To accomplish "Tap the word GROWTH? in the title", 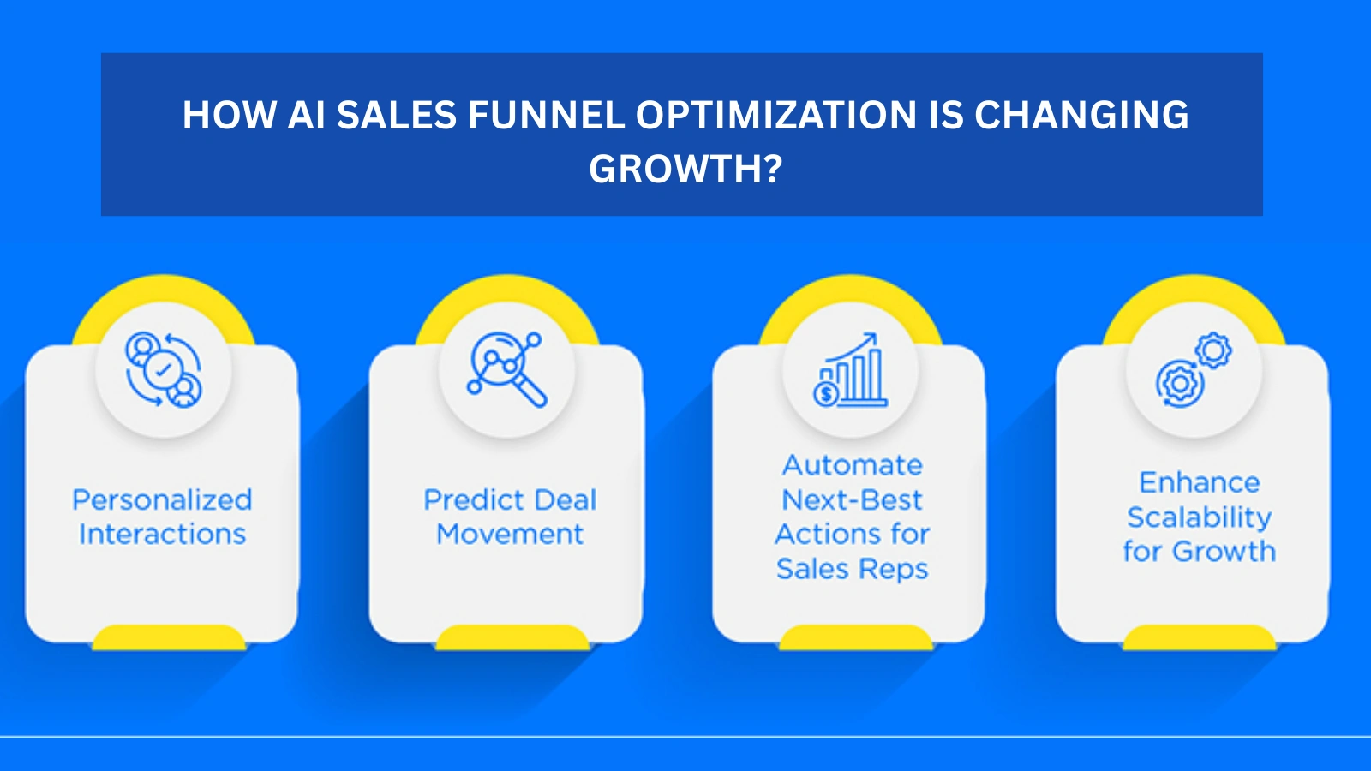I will (x=685, y=169).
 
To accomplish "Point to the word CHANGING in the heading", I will (x=1081, y=115).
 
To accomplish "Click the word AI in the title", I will (x=306, y=115).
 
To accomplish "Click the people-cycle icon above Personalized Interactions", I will (x=163, y=369).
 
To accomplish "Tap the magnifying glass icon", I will (x=507, y=369).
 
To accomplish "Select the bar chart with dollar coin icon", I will (x=851, y=370).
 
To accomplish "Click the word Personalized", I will (x=162, y=499).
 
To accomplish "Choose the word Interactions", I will (x=162, y=534).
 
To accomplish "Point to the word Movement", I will (x=510, y=534).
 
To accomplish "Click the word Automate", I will (x=853, y=465).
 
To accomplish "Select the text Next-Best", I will (x=853, y=499).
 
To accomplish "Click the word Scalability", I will (x=1199, y=517).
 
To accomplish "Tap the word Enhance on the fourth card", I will (x=1199, y=482).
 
